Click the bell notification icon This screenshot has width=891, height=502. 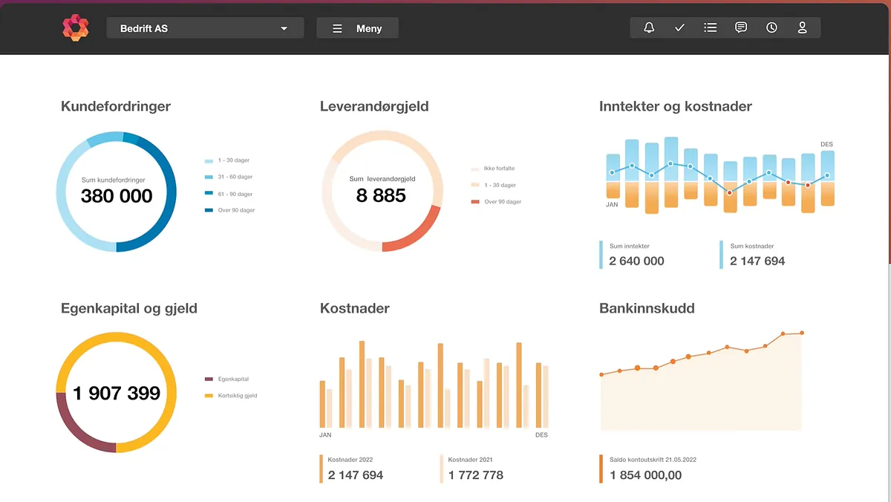pos(649,28)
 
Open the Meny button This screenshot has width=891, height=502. pos(357,28)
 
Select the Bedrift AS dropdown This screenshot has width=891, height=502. pos(205,28)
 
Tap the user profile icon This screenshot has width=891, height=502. pos(802,28)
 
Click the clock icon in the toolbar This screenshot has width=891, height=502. pos(771,28)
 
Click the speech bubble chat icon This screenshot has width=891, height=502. pos(740,28)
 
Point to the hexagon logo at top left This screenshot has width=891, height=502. pos(75,28)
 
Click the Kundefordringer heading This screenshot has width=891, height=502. pos(116,106)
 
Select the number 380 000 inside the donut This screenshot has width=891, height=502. pos(117,196)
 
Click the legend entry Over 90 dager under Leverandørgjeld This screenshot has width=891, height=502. pos(502,202)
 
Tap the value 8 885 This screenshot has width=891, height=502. pos(381,195)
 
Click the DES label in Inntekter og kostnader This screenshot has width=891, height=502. pos(826,144)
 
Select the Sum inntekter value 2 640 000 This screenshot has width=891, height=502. pos(636,261)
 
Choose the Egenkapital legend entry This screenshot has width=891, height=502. pos(232,379)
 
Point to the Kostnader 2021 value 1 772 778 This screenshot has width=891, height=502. pos(475,475)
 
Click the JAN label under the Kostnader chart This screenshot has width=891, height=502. pos(325,434)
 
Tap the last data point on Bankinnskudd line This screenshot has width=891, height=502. pos(802,333)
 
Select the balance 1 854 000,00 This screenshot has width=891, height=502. pos(645,475)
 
